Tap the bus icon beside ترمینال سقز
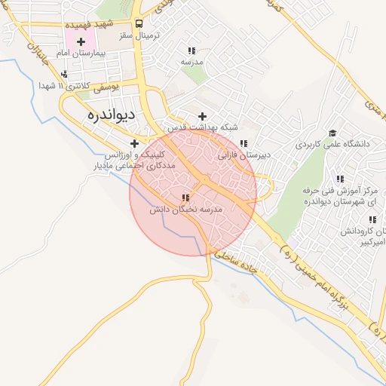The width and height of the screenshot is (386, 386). [x=138, y=24]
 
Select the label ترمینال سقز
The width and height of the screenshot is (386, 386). [x=135, y=36]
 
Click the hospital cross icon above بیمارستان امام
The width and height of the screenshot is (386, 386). [x=81, y=41]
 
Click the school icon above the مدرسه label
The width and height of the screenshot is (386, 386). [x=191, y=51]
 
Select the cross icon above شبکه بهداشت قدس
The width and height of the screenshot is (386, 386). [x=202, y=116]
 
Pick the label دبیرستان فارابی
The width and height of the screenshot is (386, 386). [x=244, y=156]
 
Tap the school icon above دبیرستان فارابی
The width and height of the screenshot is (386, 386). [x=243, y=142]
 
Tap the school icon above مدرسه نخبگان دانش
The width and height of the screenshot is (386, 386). [x=185, y=198]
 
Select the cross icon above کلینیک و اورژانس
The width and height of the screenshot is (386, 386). [x=134, y=142]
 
